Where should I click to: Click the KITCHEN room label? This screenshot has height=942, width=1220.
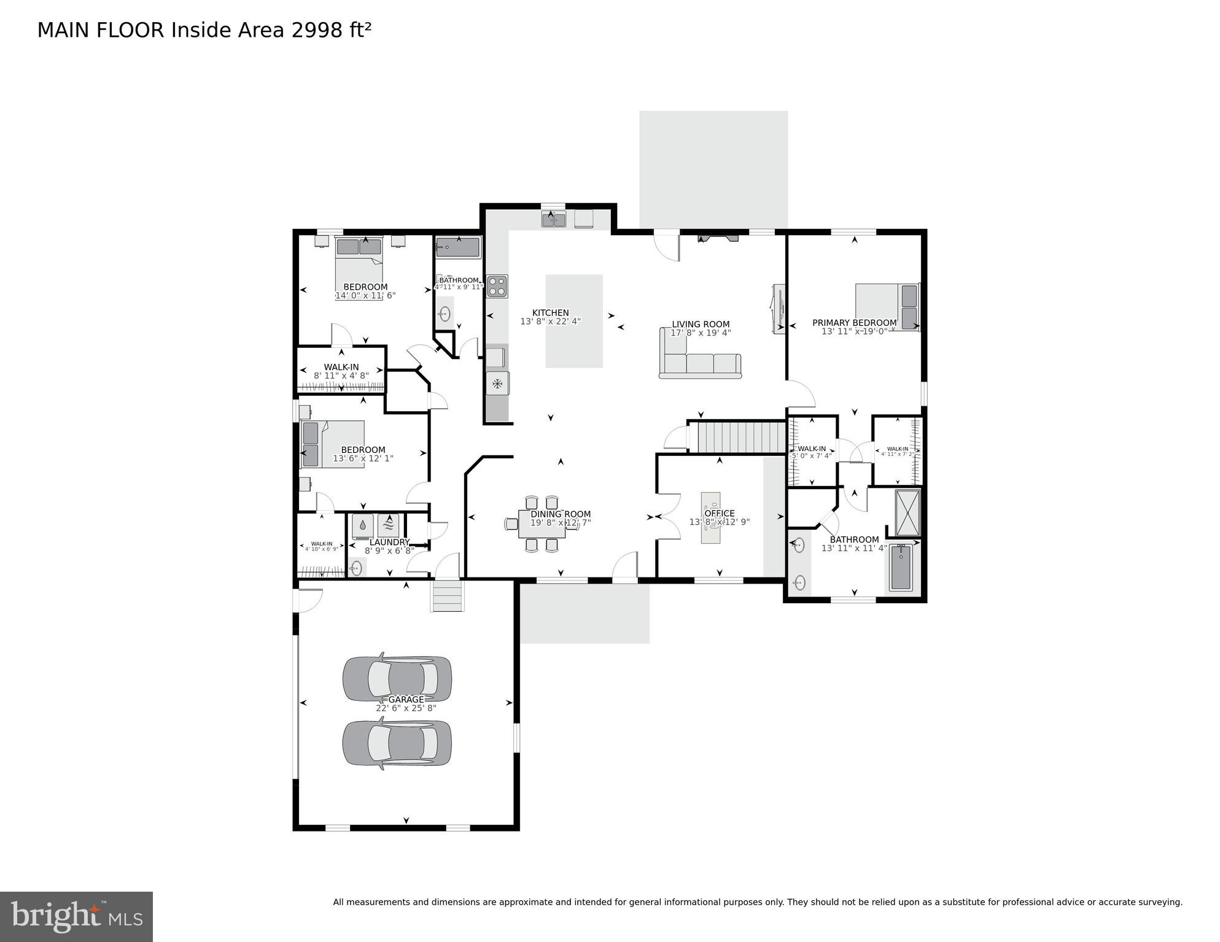(550, 313)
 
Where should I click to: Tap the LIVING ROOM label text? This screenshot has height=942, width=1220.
(701, 325)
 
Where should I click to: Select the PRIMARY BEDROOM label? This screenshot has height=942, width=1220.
(854, 323)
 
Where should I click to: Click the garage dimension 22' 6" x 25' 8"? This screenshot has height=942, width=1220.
(406, 708)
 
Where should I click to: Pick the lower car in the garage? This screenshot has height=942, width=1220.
(397, 744)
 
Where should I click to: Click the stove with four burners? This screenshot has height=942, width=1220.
(497, 286)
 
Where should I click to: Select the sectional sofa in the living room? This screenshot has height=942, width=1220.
(700, 362)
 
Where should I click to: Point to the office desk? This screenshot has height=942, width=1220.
(711, 517)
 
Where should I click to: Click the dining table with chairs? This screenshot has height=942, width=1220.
(542, 523)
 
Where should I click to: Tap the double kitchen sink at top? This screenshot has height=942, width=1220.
(553, 219)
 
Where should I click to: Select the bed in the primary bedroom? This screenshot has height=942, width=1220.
(888, 307)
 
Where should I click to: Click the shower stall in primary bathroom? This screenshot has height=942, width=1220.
(907, 513)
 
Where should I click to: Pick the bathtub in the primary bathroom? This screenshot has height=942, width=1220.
(901, 568)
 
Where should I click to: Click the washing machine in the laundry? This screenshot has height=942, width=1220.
(363, 526)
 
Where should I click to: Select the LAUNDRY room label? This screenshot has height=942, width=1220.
(389, 542)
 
